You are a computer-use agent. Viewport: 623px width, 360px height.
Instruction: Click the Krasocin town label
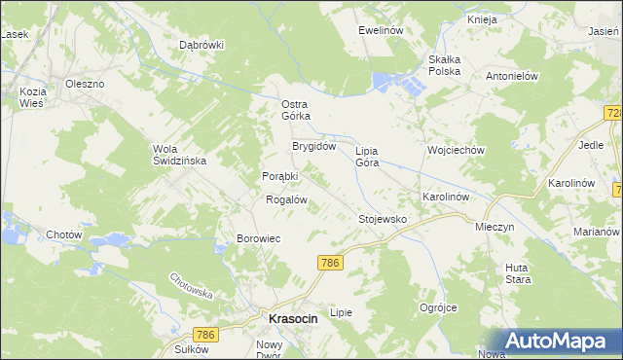pos(288,319)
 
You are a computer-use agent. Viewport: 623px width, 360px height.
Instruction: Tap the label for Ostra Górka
pos(295,110)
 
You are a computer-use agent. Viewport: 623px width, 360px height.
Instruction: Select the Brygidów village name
pos(314,147)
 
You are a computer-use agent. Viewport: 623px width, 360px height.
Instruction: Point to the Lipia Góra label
pos(367,157)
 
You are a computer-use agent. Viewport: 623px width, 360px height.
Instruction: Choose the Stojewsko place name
pos(383,220)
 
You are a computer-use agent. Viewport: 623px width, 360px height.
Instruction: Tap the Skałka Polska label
pos(451,65)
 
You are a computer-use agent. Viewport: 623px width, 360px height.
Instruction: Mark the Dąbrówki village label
pos(202,45)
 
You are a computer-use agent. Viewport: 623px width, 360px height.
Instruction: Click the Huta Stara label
pos(518,273)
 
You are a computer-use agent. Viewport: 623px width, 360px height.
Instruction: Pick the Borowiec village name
pos(259,238)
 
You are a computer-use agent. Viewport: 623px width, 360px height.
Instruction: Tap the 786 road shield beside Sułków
pos(231,335)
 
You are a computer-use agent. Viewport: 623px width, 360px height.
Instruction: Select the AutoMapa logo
pos(557,341)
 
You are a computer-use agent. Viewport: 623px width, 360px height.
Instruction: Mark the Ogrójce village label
pos(438,307)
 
